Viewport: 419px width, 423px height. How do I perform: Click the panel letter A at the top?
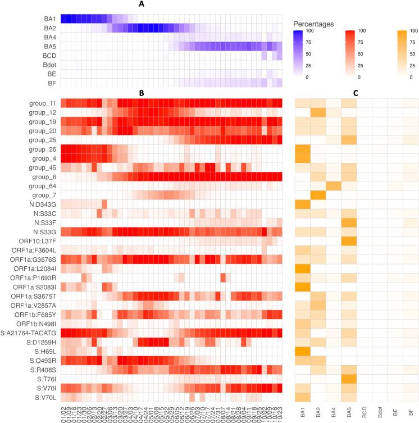coord(171,4)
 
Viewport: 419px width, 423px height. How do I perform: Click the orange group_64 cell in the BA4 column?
coord(333,185)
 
